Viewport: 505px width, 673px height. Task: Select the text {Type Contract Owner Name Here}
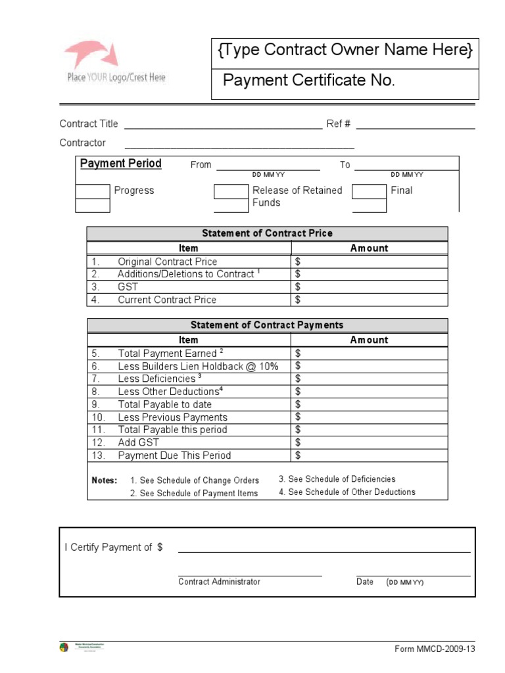pos(345,50)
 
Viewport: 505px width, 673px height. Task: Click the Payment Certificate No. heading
pos(308,81)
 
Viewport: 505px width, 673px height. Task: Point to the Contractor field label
pos(82,143)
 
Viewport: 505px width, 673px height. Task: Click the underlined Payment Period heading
pos(120,164)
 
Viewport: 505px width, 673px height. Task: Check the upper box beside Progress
pos(93,191)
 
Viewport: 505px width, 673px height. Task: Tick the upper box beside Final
pos(369,191)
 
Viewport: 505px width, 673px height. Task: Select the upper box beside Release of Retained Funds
pos(231,191)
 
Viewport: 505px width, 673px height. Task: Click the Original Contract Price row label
pos(166,262)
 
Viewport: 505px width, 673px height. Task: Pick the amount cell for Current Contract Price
pos(369,300)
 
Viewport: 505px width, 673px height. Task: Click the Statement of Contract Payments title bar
pos(267,325)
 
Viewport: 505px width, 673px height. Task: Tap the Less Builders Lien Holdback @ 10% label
pos(198,366)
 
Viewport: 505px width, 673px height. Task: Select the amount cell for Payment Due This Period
pos(369,455)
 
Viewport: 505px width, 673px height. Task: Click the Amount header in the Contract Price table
pos(369,248)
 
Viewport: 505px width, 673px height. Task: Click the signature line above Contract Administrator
pos(250,575)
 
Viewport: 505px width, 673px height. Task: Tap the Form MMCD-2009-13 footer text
pos(434,649)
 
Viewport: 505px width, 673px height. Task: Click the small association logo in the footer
pos(64,647)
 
